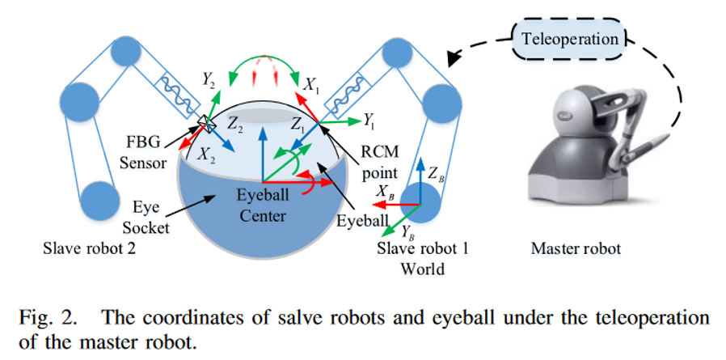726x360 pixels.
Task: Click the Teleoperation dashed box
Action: (x=570, y=38)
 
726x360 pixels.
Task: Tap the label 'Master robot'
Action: (x=576, y=249)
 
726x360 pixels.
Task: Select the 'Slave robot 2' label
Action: (x=95, y=249)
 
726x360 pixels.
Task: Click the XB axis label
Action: (x=386, y=193)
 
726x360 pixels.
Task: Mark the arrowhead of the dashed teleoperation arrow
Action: (x=454, y=57)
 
